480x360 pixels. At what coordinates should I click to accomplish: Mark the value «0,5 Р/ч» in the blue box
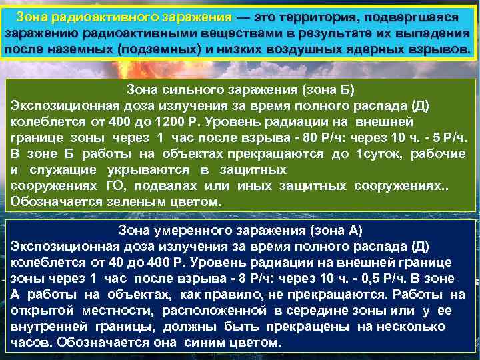(x=375, y=279)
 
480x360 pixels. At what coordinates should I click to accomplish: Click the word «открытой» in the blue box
(x=42, y=311)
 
